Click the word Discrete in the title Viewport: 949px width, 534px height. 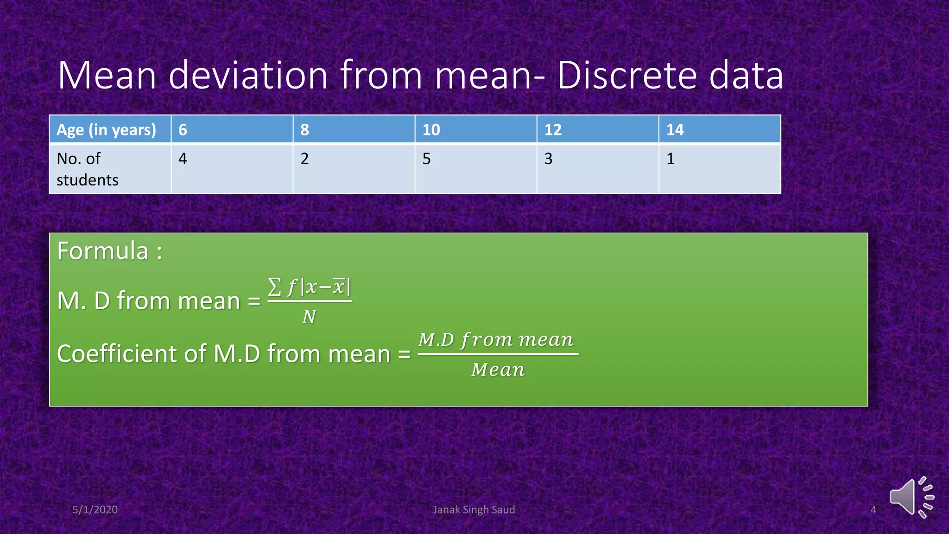coord(626,75)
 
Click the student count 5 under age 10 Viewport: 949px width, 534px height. coord(426,159)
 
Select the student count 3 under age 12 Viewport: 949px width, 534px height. coord(548,159)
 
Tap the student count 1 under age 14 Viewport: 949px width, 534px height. coord(670,159)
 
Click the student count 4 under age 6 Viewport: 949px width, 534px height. coord(183,159)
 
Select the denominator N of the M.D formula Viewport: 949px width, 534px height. coord(309,317)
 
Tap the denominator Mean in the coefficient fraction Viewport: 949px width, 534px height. coord(498,370)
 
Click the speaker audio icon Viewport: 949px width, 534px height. coord(911,497)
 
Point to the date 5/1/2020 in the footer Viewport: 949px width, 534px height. coord(95,509)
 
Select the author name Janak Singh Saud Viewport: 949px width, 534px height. coord(474,509)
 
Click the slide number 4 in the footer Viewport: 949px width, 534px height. coord(873,509)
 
